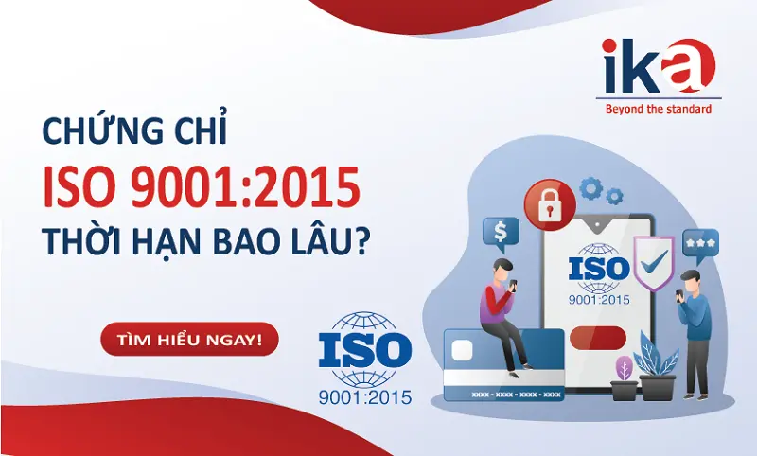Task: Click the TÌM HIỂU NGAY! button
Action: point(189,339)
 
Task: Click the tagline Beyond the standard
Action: point(659,109)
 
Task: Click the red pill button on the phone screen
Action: point(597,335)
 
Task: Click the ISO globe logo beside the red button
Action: point(365,357)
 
